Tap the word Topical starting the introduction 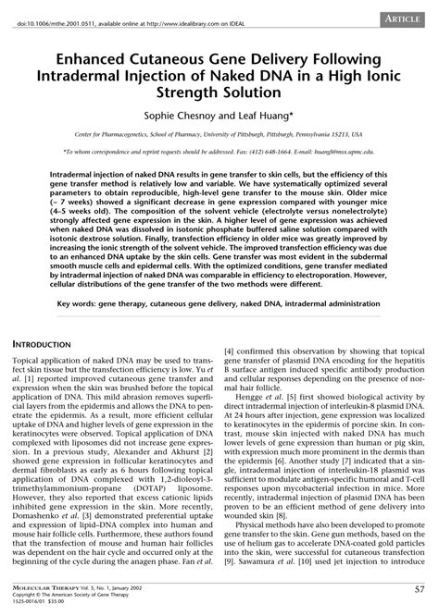tap(28, 358)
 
